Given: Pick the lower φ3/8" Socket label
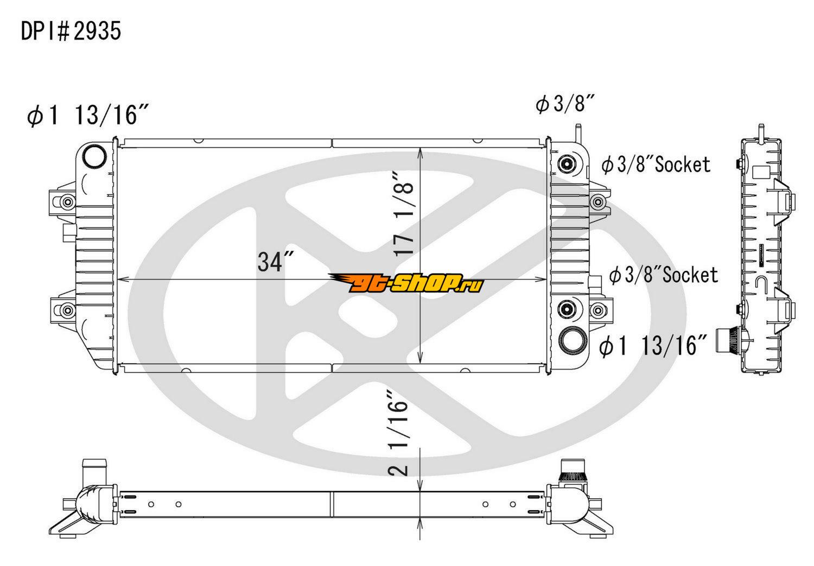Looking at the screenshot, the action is click(x=664, y=275).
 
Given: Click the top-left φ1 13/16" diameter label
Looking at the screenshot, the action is click(x=88, y=115).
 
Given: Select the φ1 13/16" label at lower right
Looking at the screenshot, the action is click(x=652, y=345).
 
